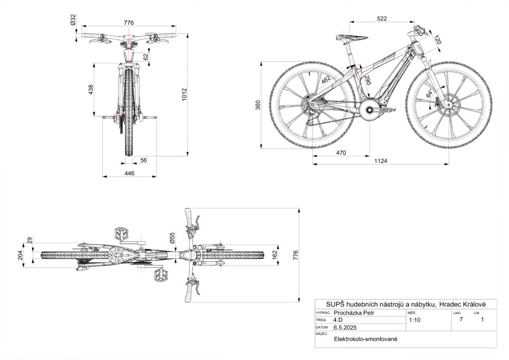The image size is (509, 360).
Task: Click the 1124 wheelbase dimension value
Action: coord(381,161)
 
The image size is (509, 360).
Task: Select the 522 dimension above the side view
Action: coord(382,18)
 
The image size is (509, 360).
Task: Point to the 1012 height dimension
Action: coord(184,94)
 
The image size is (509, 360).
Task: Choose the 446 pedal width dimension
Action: coord(129,173)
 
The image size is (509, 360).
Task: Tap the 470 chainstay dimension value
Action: coord(340,153)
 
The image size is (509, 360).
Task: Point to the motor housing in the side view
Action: coord(370,109)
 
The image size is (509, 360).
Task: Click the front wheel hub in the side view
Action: coord(445,105)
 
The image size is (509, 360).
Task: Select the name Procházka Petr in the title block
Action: coord(353,313)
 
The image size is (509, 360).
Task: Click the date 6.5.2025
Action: coord(345,328)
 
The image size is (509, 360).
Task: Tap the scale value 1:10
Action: coord(414,320)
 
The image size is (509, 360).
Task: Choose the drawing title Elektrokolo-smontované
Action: coord(366,339)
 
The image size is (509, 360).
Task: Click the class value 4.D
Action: coord(338,320)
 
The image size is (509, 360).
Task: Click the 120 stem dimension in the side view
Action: coord(437,40)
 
